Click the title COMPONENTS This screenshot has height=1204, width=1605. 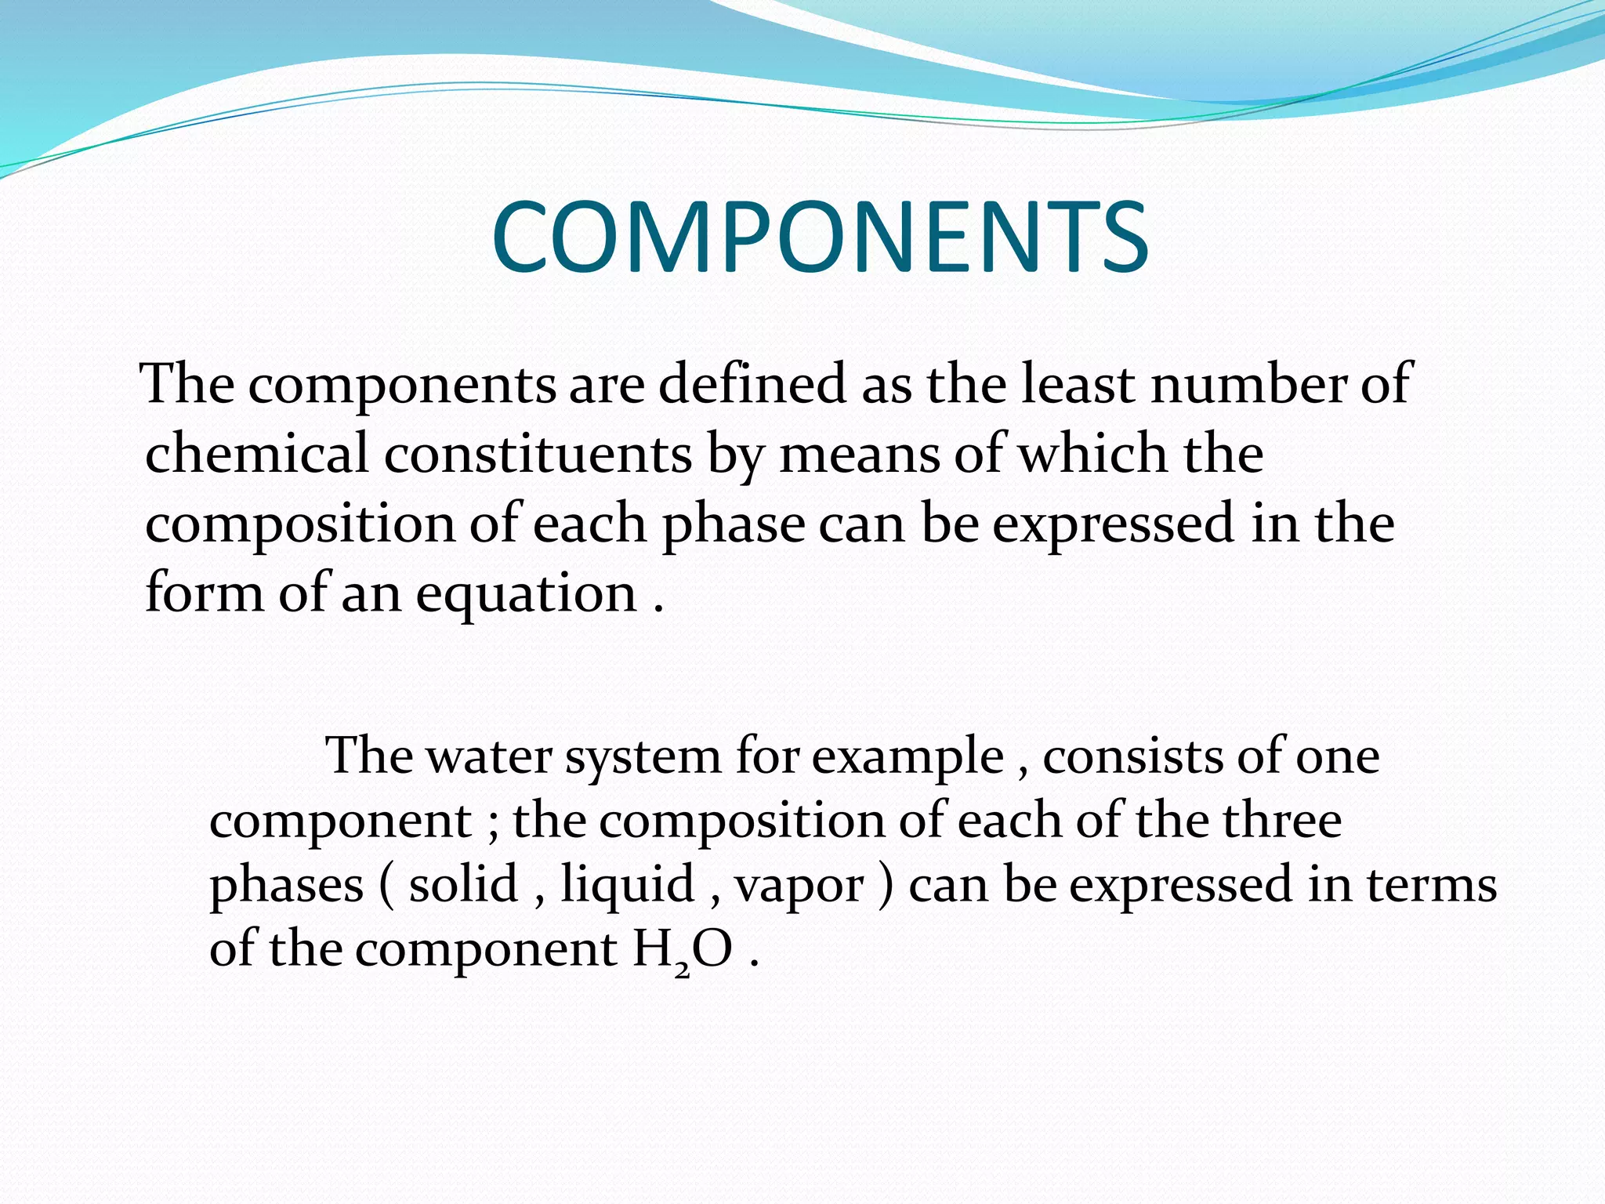pos(820,237)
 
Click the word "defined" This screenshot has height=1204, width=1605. pos(752,383)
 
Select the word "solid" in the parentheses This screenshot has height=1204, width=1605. pos(463,883)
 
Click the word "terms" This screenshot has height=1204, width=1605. pos(1432,883)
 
